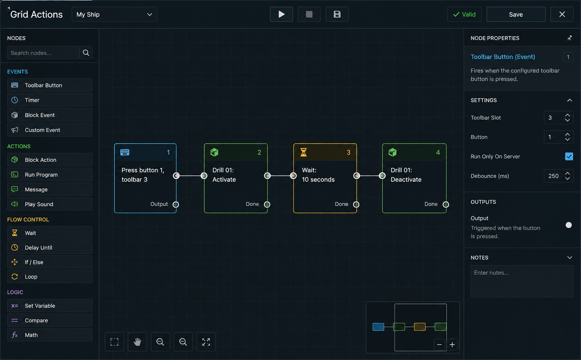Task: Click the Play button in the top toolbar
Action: tap(282, 14)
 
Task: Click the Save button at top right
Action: tap(516, 14)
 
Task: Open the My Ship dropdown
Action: tap(115, 14)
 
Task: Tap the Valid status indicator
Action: tap(464, 14)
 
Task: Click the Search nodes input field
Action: tap(43, 53)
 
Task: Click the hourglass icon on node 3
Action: tap(303, 152)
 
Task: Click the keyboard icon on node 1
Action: tap(125, 152)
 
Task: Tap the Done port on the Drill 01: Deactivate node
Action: tap(446, 204)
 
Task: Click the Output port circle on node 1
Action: tap(175, 204)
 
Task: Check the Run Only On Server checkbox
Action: tap(569, 156)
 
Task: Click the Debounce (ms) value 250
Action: tap(553, 176)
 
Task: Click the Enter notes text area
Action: tap(522, 281)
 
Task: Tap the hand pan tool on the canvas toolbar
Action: tap(137, 342)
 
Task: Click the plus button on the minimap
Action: tap(452, 344)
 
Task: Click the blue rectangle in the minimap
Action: tap(378, 326)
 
